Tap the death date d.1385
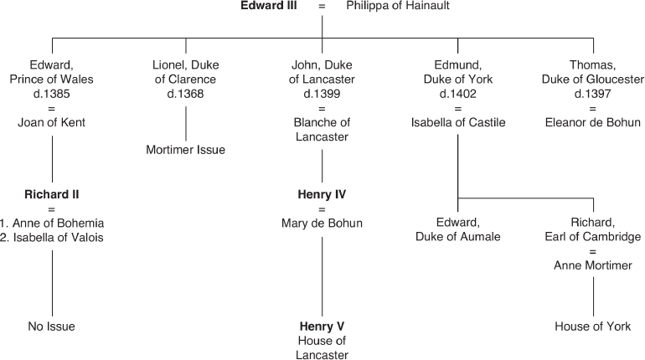pos(52,94)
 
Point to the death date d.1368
pos(185,94)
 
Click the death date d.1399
pos(322,94)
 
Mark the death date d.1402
pos(458,94)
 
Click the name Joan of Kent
pos(52,122)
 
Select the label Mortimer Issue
pos(185,151)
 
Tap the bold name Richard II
pos(52,195)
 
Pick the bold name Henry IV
pos(322,195)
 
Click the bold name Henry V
pos(322,326)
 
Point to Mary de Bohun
pos(322,224)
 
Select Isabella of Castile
pos(458,122)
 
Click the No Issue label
pos(52,327)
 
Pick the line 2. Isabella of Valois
pos(52,237)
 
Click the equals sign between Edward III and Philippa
pos(322,7)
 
